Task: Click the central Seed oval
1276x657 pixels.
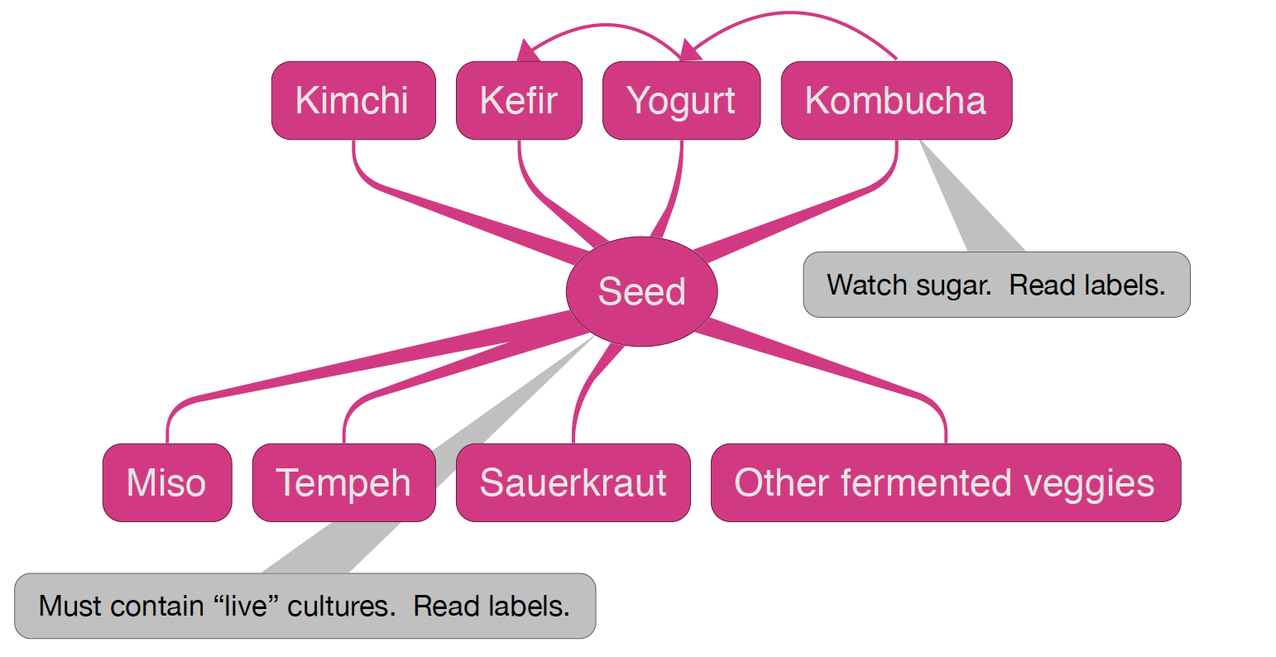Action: point(641,291)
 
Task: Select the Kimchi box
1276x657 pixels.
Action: point(353,100)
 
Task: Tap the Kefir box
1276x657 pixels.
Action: point(519,100)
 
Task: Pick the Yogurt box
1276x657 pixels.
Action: point(681,100)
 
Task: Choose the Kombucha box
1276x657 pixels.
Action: point(896,100)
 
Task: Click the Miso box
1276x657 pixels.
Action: point(167,482)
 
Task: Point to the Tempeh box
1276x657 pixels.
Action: point(343,482)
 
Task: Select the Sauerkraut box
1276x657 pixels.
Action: point(573,482)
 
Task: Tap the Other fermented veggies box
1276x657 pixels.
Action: point(945,482)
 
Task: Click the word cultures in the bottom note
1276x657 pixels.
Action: point(342,607)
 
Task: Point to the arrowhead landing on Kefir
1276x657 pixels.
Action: point(524,51)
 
